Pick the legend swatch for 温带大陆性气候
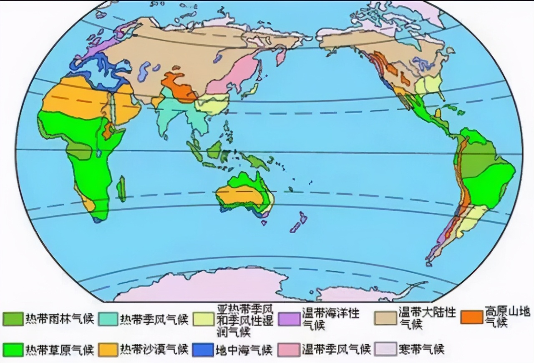click(385, 318)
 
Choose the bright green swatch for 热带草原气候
click(13, 350)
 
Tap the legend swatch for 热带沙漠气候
click(108, 350)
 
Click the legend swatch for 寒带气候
click(385, 350)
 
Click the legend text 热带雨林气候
click(59, 319)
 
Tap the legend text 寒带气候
click(421, 350)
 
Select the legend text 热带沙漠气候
click(154, 350)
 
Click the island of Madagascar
click(121, 189)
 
